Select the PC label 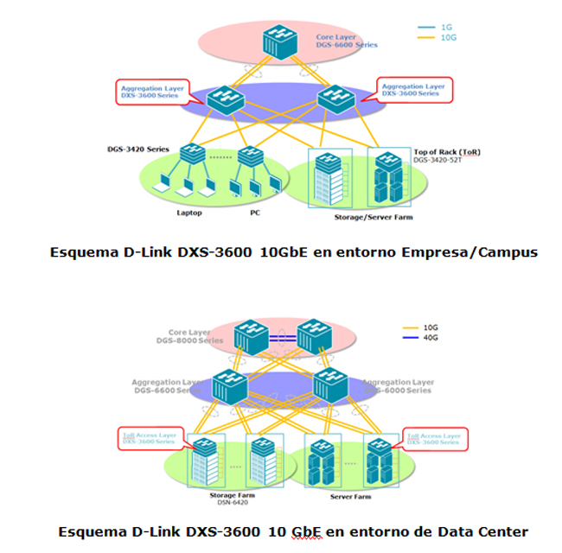coord(255,211)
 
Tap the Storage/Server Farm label coord(374,217)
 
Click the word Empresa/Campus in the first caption coord(467,252)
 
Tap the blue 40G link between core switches coord(282,338)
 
